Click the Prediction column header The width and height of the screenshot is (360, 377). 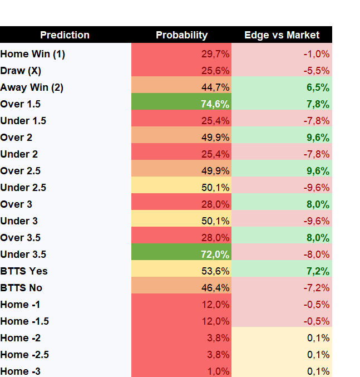coord(65,35)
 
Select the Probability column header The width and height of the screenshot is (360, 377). coord(182,35)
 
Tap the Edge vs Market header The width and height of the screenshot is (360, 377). coord(282,35)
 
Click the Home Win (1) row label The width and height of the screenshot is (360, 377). coord(32,54)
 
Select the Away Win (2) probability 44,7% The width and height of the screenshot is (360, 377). coord(215,87)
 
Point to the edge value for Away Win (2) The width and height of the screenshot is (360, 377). coord(318,87)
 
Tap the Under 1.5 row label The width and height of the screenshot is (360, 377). coord(23,121)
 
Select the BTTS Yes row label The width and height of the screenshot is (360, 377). coord(24,271)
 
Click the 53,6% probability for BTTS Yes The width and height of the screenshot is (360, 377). coord(215,271)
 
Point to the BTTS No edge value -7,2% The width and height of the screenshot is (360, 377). coord(316,288)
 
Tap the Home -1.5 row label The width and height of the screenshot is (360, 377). coord(24,321)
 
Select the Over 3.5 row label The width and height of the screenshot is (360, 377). coord(21,238)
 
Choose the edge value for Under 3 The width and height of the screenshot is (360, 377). coord(316,221)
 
